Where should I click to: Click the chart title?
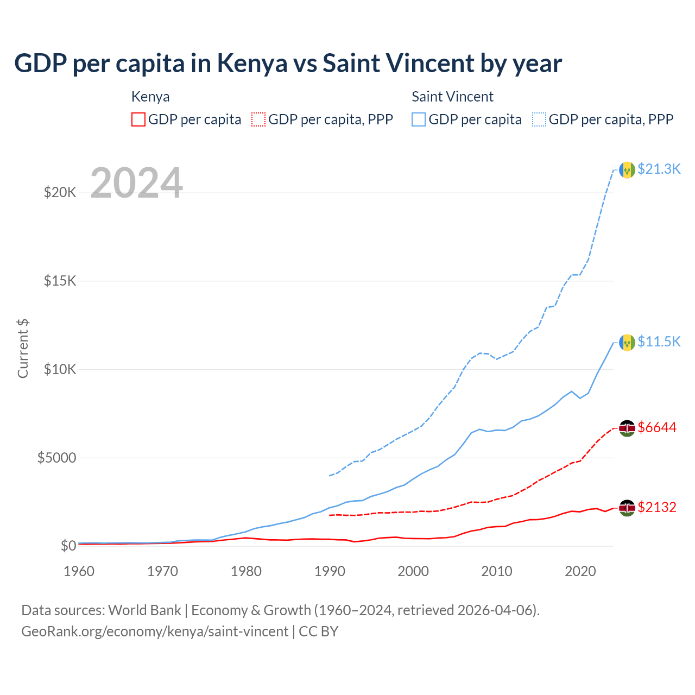288,64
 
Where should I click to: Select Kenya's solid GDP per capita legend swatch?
138,119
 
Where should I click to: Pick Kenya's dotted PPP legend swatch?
258,119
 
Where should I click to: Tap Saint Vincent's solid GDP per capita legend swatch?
419,119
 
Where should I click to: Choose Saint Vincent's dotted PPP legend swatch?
539,119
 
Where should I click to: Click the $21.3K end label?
659,169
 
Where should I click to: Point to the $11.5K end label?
659,342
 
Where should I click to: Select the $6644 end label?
657,427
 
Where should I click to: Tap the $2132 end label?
657,507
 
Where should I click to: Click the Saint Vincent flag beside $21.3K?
627,170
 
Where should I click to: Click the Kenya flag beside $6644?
627,428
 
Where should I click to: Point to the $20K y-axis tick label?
60,192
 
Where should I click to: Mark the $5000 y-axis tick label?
56,458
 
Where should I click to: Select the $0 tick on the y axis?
68,546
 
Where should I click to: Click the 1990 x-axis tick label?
330,571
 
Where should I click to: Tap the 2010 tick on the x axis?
497,571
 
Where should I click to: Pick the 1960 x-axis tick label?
79,571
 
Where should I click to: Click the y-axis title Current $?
23,349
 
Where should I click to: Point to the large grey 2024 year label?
136,183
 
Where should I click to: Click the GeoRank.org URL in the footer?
155,631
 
